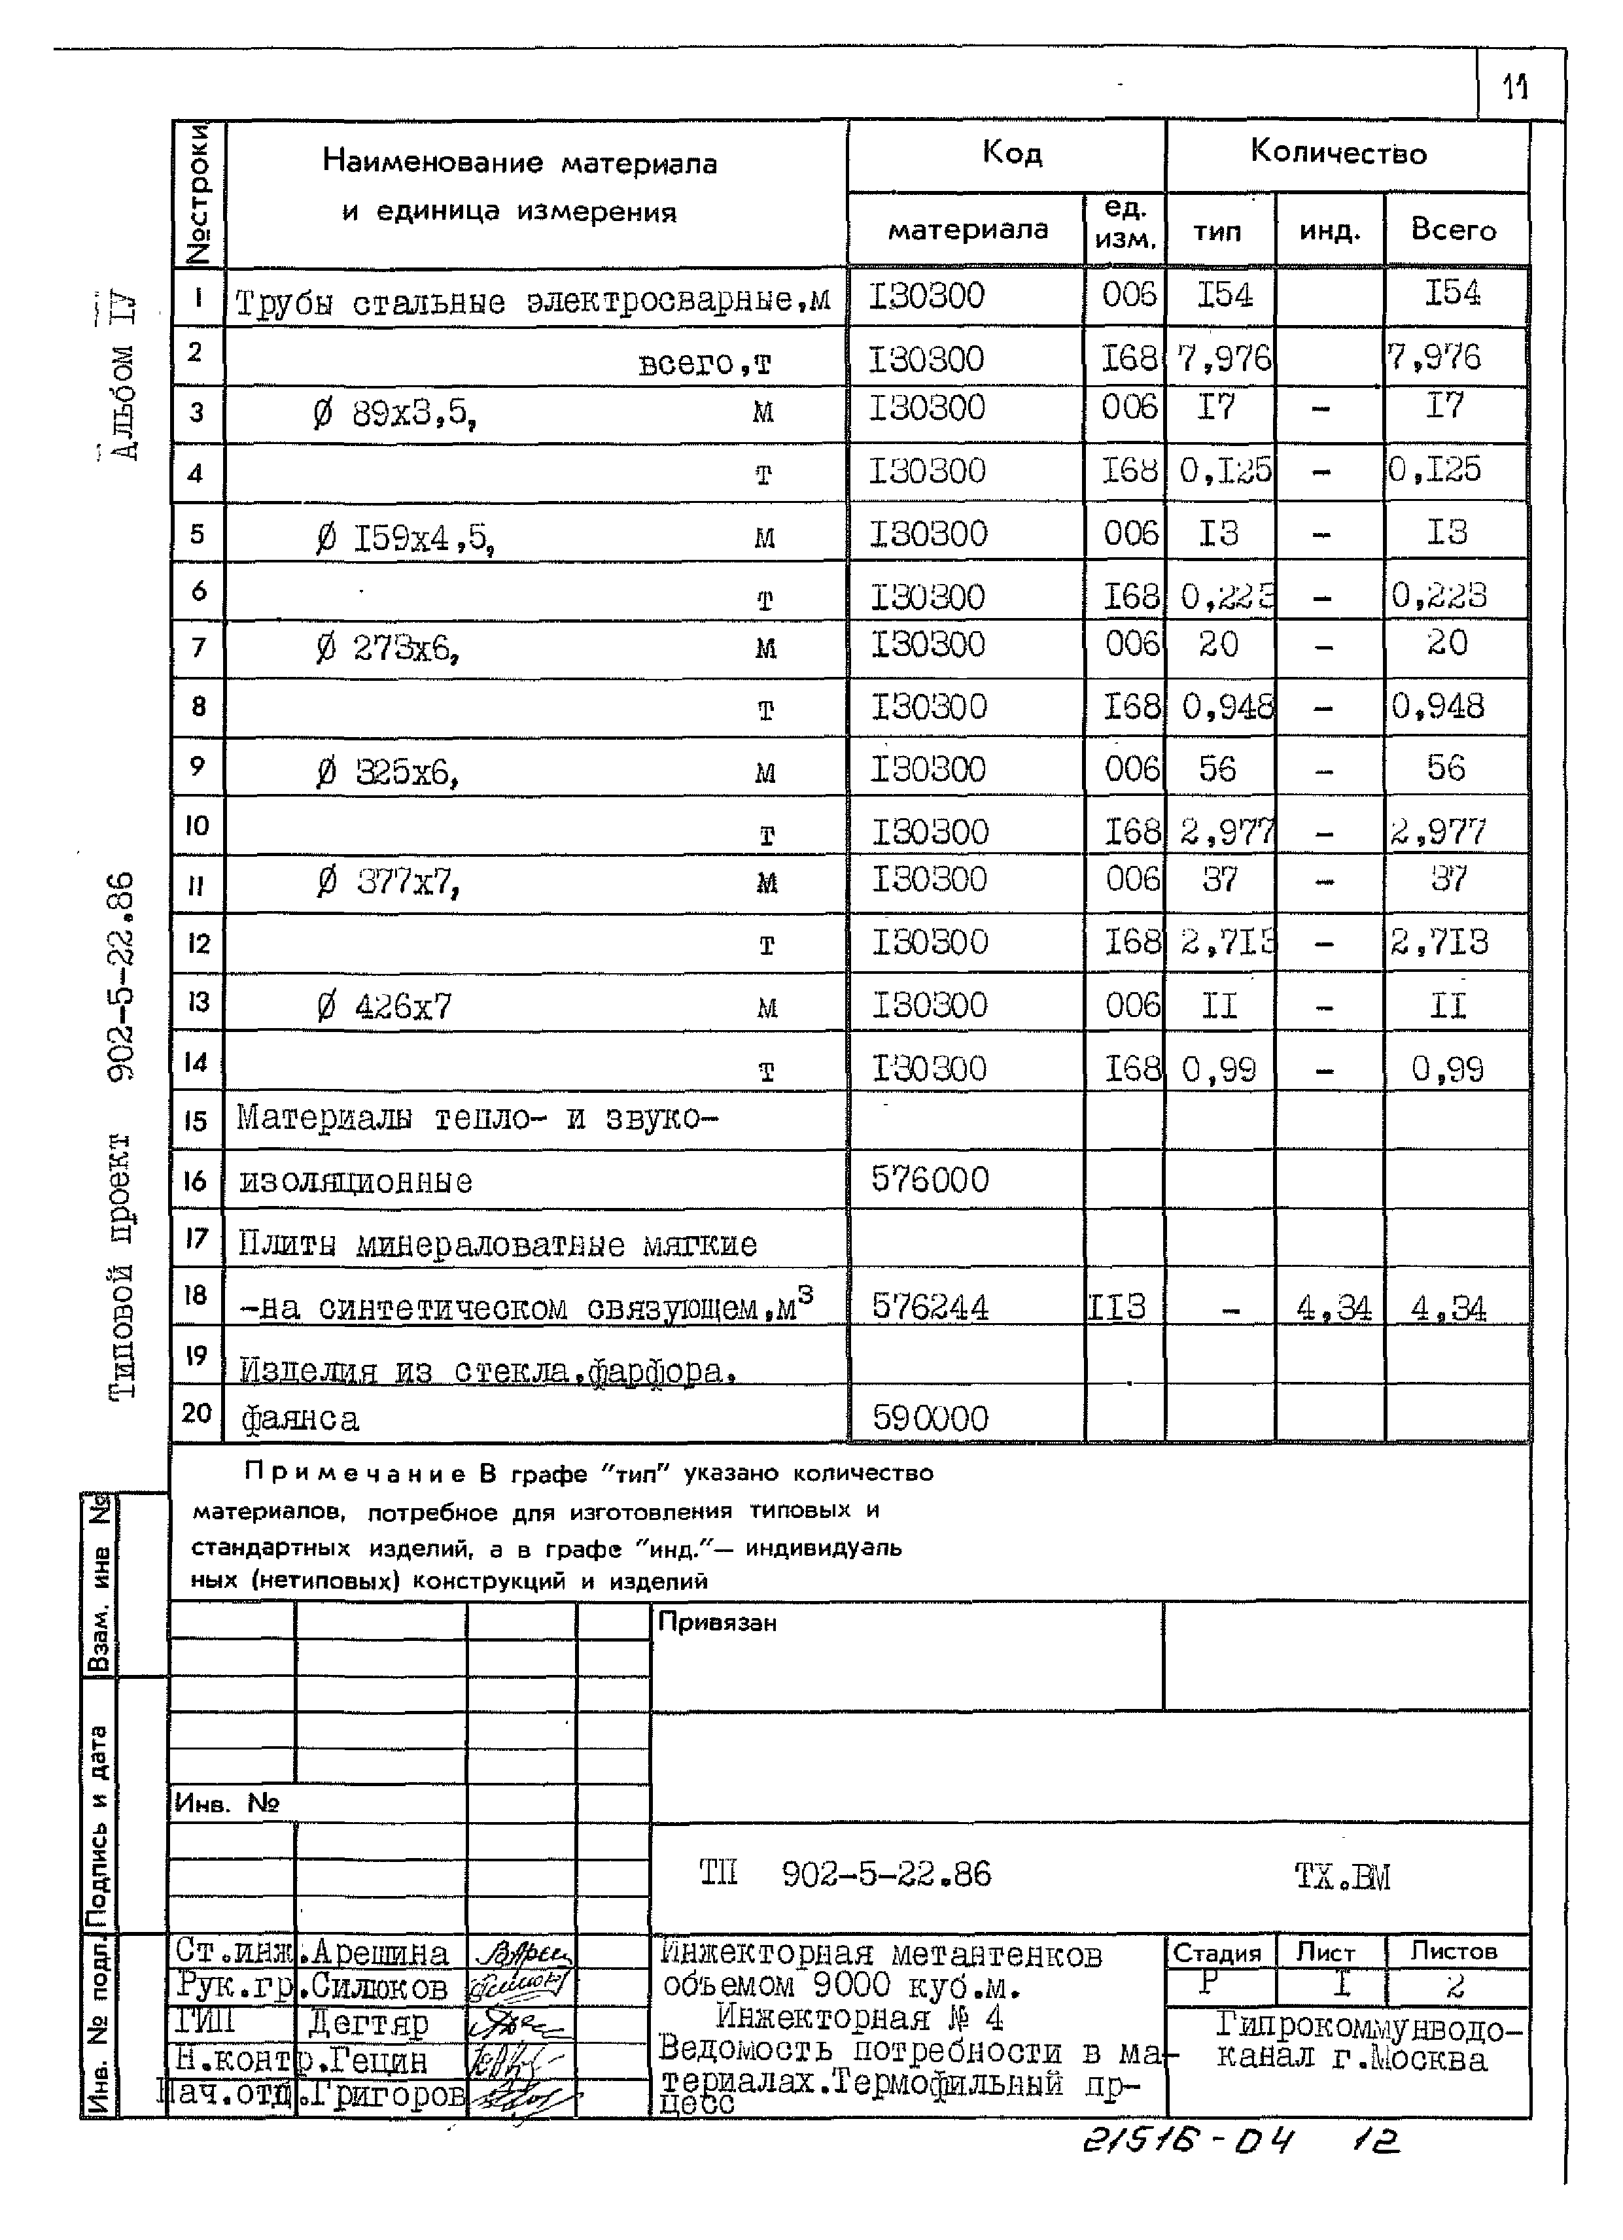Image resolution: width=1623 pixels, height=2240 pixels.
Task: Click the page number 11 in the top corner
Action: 1515,87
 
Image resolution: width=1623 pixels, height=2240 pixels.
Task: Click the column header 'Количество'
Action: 1338,152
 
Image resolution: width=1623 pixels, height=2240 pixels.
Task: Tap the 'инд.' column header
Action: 1329,231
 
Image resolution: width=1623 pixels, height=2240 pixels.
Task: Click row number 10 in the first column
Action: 198,825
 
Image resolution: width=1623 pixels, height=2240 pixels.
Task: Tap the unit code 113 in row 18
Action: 1117,1307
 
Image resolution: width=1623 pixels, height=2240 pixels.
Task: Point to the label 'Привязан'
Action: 717,1623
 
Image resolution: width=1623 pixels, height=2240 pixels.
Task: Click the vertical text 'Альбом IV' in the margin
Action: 124,375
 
